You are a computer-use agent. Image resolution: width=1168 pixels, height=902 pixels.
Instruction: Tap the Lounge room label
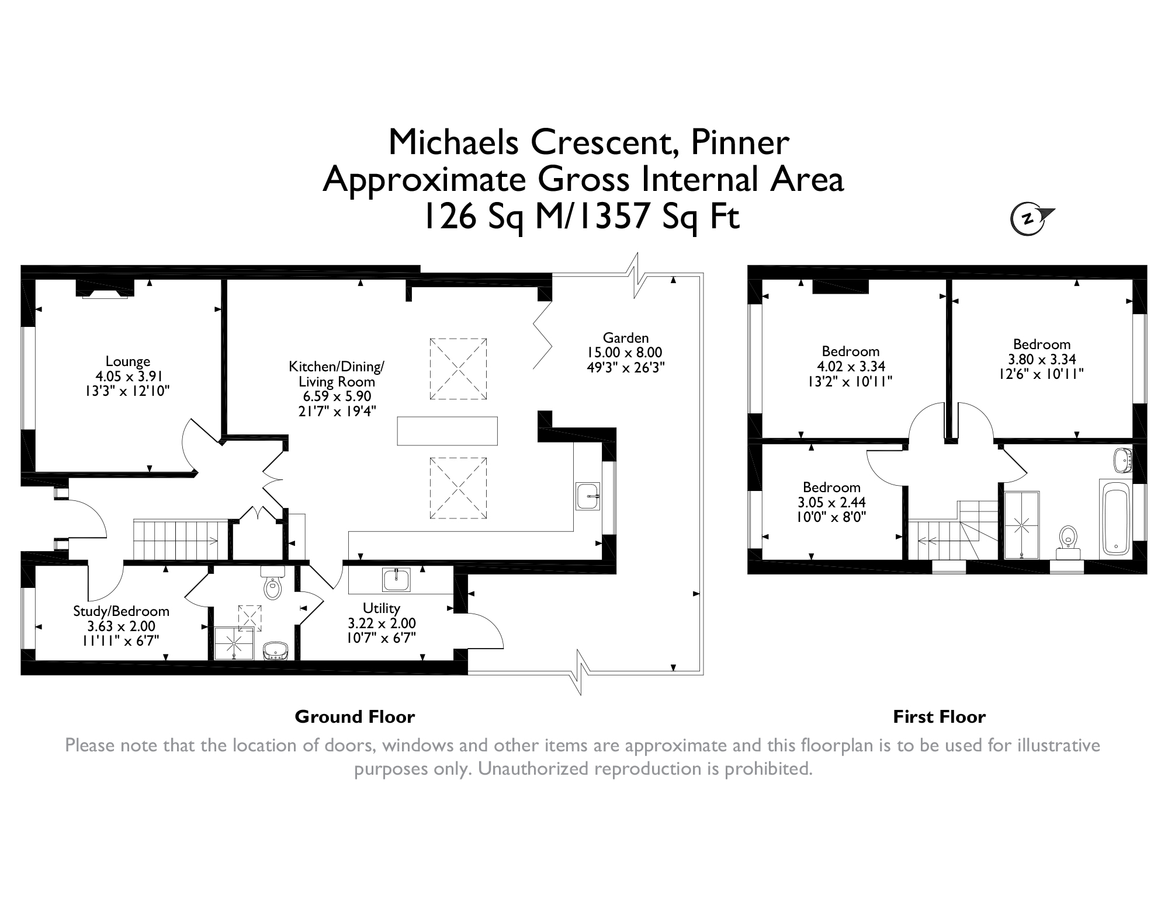pos(128,361)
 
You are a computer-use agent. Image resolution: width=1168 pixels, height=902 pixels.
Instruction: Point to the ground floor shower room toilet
pos(272,587)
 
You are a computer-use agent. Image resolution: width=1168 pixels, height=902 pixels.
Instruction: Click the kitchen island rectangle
pos(447,431)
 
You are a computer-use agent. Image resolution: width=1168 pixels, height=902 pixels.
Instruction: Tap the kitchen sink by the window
pos(587,496)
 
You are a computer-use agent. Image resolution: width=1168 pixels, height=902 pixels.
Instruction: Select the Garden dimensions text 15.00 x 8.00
pos(625,353)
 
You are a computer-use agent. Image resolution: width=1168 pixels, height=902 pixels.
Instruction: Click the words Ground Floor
pos(355,716)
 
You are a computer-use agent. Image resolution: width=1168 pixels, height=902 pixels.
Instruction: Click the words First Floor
pos(939,716)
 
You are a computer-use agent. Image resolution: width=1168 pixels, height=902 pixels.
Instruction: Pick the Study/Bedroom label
pos(121,611)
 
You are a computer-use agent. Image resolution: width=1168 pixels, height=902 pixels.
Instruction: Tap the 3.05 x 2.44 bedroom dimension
pos(831,502)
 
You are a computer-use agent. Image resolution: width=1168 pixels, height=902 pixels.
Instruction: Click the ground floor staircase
pos(175,540)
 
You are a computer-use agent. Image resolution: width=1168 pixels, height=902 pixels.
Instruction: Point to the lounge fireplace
pos(105,290)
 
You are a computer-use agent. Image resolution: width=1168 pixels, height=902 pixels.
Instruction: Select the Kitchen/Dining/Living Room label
pos(336,374)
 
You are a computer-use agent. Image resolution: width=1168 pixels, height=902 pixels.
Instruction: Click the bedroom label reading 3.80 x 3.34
pos(1042,359)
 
